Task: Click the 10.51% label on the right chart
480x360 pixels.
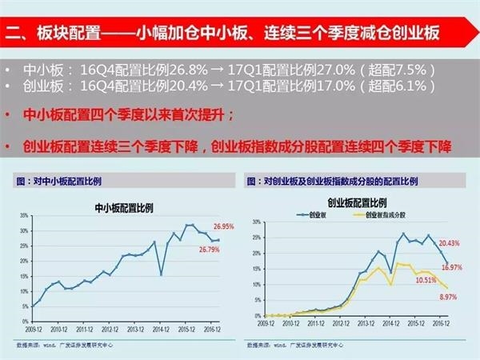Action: [x=425, y=280]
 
